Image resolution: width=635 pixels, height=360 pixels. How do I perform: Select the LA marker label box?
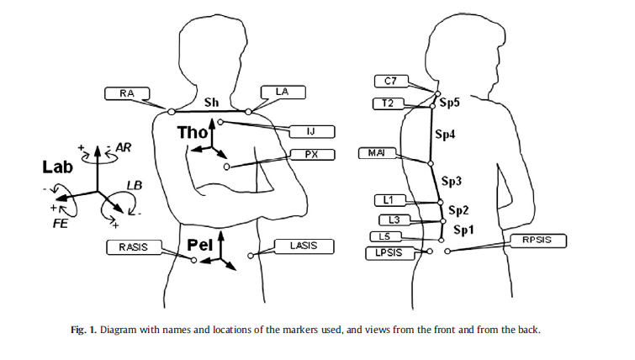point(283,91)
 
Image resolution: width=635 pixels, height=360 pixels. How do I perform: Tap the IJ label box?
point(311,132)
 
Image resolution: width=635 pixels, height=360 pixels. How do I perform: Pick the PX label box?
point(310,155)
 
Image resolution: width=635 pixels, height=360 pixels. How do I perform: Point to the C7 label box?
point(391,81)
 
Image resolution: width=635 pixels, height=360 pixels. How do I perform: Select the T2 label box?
point(389,103)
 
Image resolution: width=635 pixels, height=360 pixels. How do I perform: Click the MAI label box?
point(377,153)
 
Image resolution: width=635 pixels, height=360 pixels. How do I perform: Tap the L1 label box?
point(389,199)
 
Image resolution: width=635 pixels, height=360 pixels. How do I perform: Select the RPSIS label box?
point(539,241)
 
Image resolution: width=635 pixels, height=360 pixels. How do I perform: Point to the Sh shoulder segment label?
point(212,103)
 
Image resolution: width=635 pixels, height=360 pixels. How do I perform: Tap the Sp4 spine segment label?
point(445,135)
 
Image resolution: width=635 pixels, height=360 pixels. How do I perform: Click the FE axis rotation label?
point(60,225)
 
